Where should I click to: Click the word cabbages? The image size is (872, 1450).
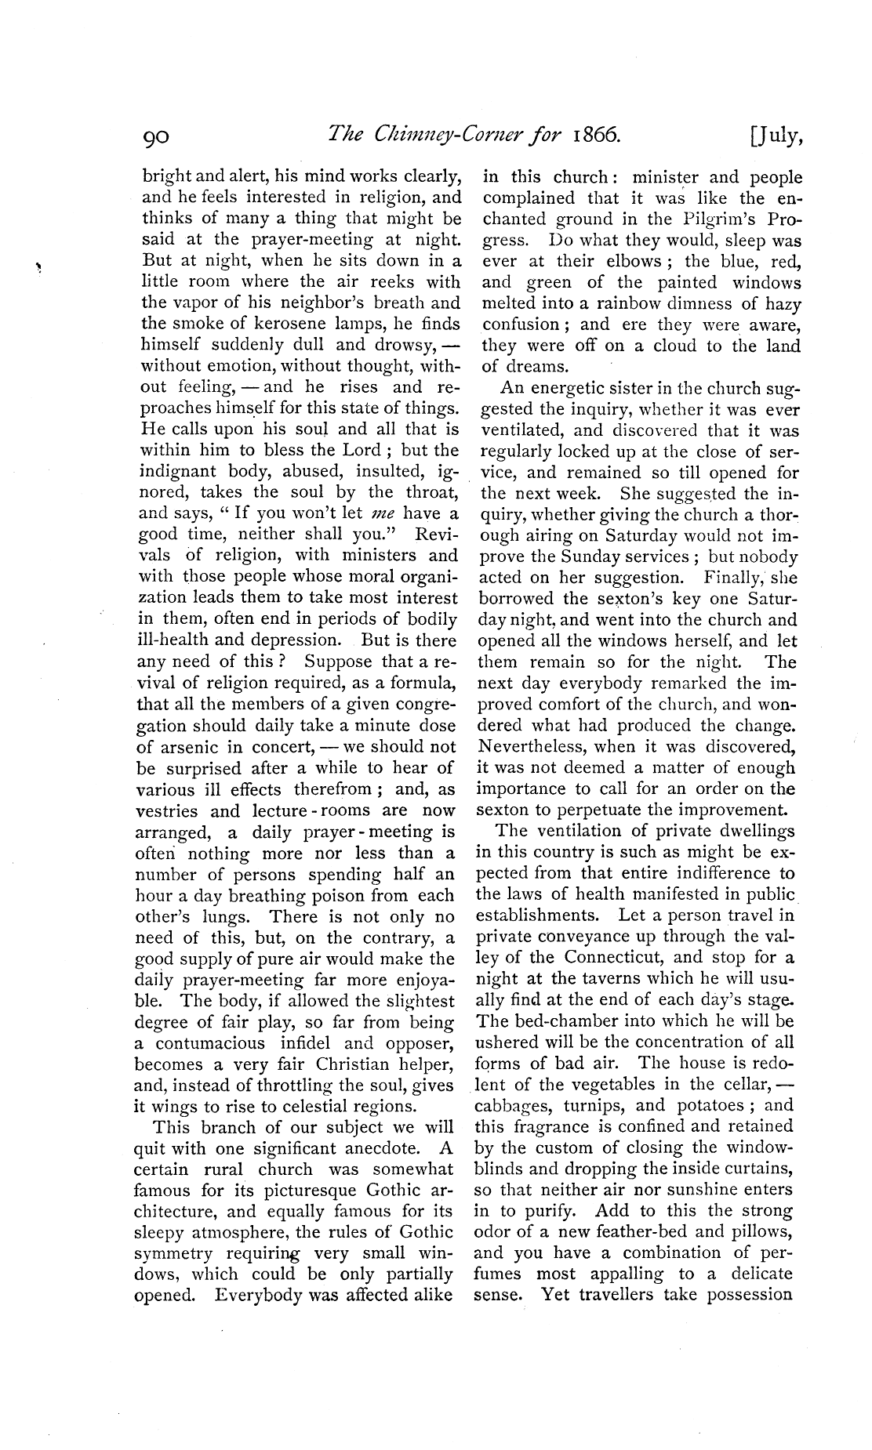[x=514, y=1106]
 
